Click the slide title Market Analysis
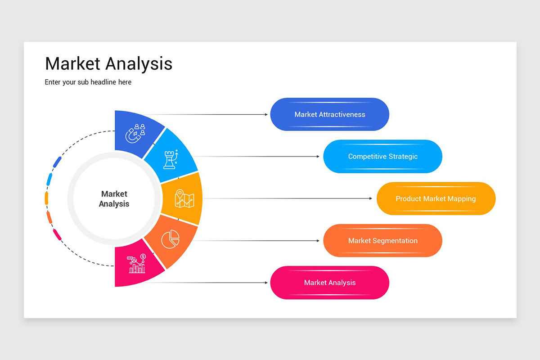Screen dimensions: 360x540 point(108,63)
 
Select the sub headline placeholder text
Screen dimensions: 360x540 point(88,82)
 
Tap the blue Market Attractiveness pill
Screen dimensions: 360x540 point(329,114)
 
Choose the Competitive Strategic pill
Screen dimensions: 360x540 point(382,157)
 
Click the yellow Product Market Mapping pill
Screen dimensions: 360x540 point(436,198)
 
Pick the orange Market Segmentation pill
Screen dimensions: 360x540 point(382,241)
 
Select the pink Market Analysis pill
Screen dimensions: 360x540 point(329,283)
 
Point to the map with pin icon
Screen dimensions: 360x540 point(184,198)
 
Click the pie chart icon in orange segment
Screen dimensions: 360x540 point(171,238)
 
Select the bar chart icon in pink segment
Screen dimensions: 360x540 point(136,264)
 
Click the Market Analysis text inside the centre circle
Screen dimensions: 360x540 point(114,199)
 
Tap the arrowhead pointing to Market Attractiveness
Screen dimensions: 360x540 point(266,114)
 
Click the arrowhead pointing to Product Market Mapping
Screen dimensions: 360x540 point(370,198)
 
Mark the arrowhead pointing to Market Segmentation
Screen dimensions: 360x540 point(318,241)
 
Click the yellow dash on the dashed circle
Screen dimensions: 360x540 point(46,198)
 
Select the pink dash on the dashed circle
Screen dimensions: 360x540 point(57,234)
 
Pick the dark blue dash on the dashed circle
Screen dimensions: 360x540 point(57,162)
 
